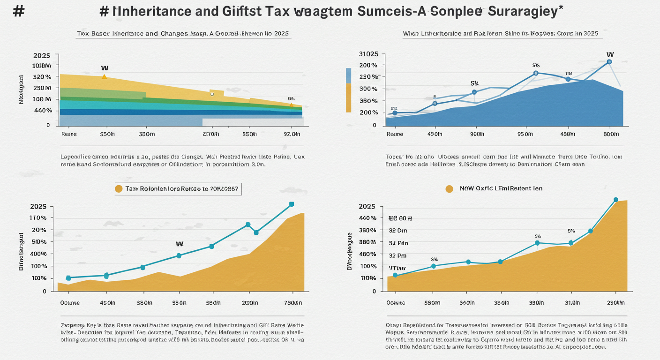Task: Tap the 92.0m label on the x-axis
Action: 292,134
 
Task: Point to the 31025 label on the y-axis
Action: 368,54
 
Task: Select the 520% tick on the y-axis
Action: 43,76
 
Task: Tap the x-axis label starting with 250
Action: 615,303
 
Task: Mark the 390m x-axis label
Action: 536,303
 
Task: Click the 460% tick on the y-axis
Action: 367,254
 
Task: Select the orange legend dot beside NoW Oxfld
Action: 449,188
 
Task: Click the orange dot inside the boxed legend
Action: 119,188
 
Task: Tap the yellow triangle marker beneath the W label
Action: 104,76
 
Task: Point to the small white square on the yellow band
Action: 212,94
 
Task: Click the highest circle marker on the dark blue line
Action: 609,62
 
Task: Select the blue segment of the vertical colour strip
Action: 348,75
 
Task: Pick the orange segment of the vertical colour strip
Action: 348,98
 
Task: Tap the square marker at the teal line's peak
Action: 292,204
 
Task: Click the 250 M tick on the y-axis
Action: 42,88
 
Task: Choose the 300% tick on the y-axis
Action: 368,89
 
